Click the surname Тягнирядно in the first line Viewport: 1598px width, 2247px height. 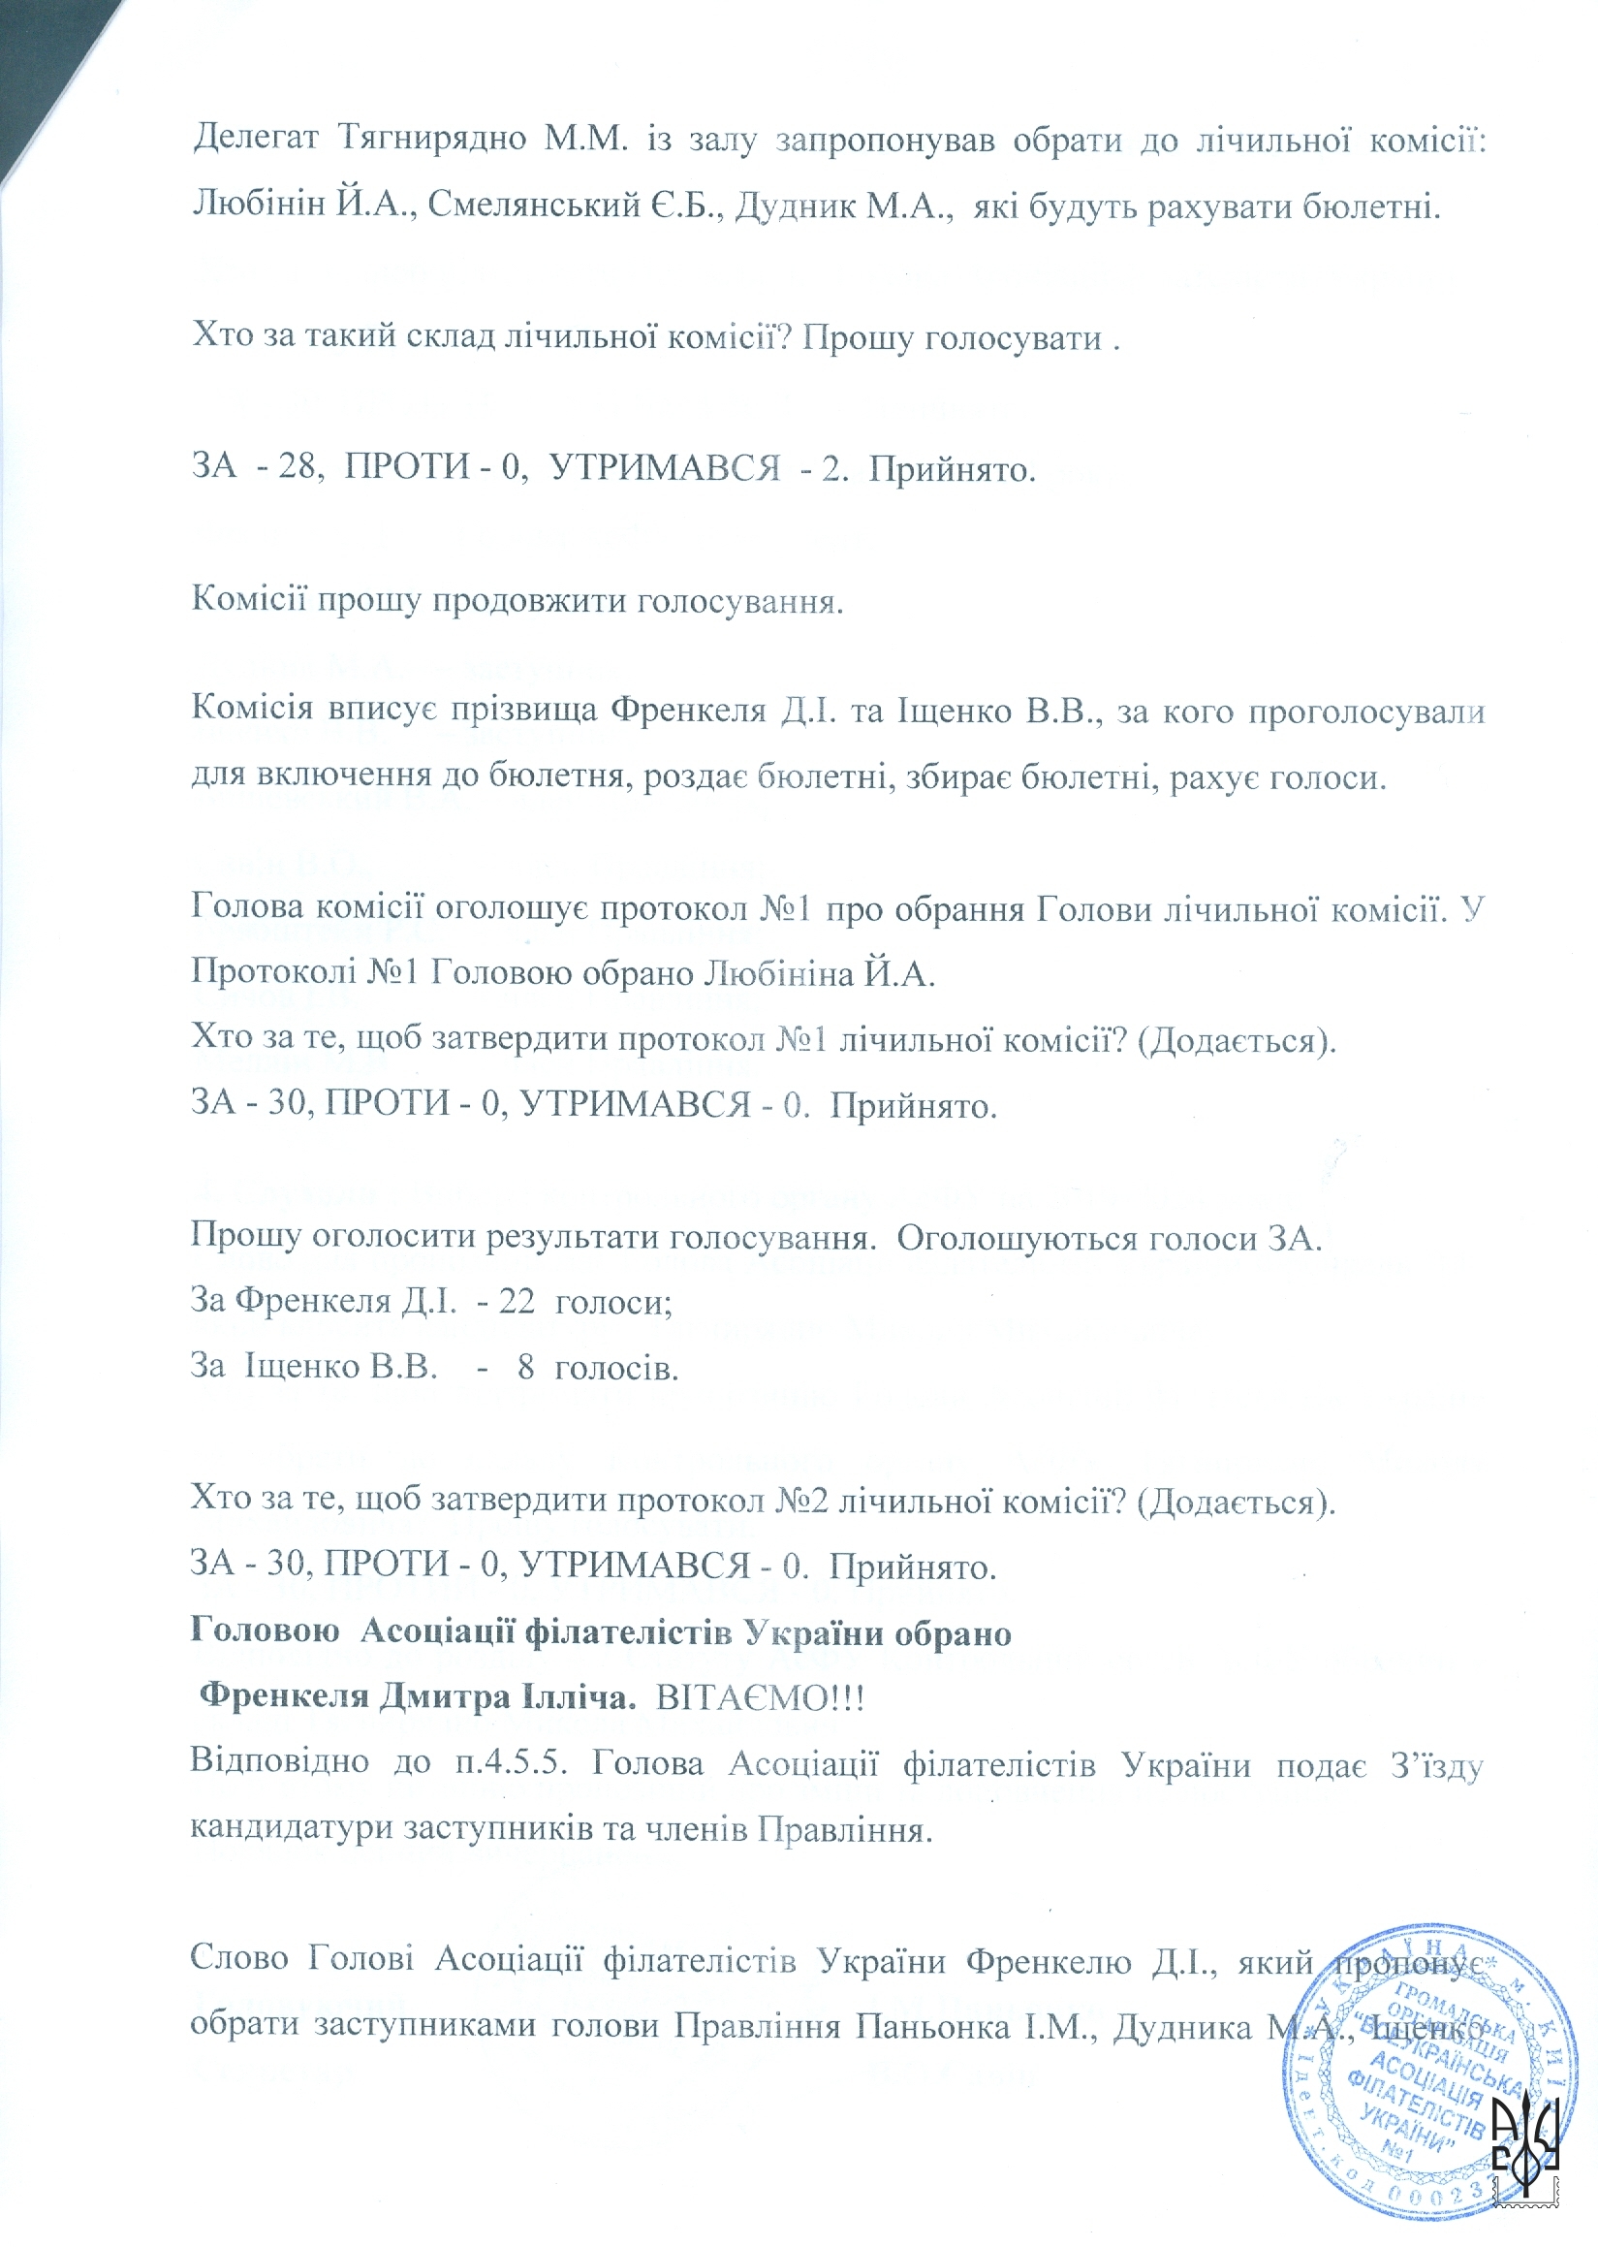click(x=432, y=140)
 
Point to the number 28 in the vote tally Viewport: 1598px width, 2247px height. click(x=297, y=466)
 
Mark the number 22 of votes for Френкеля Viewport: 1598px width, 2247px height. click(x=516, y=1301)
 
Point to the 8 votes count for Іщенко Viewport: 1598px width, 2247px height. click(x=526, y=1367)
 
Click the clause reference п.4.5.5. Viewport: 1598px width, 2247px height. click(x=513, y=1762)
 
